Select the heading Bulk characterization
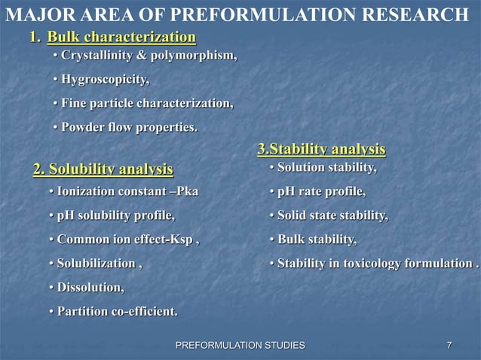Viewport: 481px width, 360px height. [121, 38]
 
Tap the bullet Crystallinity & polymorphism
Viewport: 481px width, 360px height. [149, 56]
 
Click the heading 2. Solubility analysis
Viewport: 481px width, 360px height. [103, 167]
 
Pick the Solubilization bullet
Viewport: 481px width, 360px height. [97, 264]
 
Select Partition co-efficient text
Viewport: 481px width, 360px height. [117, 312]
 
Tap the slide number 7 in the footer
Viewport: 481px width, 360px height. [449, 345]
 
